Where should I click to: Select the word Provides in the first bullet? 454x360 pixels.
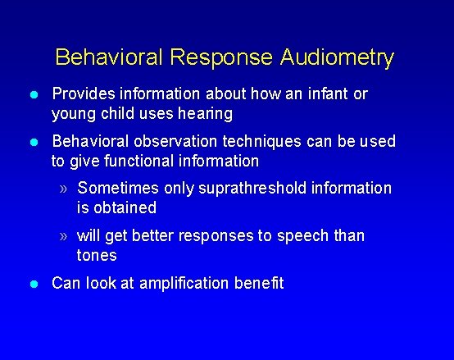[81, 94]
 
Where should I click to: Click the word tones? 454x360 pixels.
[97, 255]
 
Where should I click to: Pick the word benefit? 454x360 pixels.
[258, 284]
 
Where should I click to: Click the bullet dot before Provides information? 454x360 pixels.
[34, 95]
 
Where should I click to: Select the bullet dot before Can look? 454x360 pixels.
[34, 285]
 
